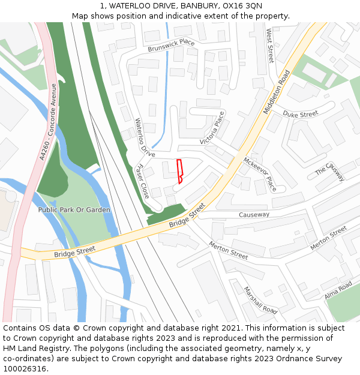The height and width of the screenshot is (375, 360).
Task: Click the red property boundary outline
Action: click(179, 172)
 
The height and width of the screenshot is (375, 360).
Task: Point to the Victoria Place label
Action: click(213, 128)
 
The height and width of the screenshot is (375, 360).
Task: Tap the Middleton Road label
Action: click(276, 92)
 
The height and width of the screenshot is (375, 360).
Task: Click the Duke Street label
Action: click(300, 114)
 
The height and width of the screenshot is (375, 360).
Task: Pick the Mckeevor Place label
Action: click(260, 174)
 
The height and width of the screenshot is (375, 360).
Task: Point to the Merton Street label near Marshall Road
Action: click(229, 250)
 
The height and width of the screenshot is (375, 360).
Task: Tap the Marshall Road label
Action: click(260, 300)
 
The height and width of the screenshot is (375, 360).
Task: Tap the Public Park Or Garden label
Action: click(74, 210)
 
